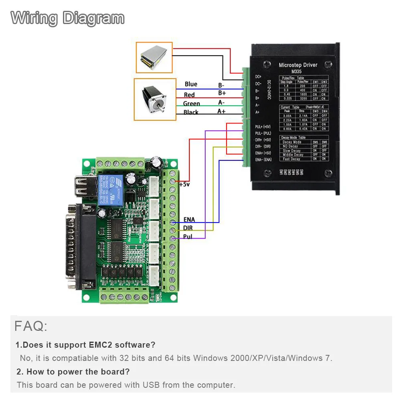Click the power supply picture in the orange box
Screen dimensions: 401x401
pos(154,57)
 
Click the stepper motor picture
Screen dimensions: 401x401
pos(154,99)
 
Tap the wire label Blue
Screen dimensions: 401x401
pos(191,84)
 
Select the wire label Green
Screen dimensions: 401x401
pos(191,103)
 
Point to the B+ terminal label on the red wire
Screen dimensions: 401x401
pos(222,93)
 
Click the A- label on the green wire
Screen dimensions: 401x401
pos(221,102)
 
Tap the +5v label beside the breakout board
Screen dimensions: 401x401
pos(184,184)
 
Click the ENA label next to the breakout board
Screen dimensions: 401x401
pos(189,220)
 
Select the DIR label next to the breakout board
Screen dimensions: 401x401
pos(188,228)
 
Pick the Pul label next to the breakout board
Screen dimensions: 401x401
pos(188,237)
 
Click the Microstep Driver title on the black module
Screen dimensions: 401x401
pos(298,65)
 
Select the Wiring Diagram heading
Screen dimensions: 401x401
pos(67,18)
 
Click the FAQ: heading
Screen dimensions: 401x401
pos(31,326)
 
